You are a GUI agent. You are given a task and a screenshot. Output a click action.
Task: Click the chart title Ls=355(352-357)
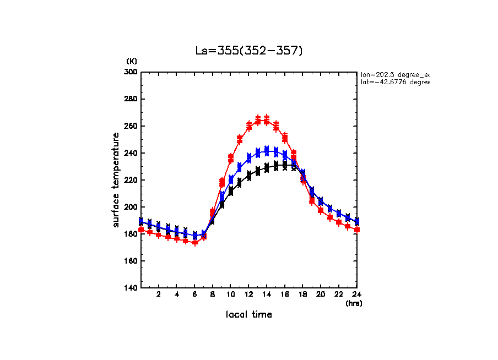coord(249,51)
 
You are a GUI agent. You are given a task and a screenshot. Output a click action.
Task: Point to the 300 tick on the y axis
coord(132,72)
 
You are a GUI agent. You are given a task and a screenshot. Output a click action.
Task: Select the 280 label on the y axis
coord(132,99)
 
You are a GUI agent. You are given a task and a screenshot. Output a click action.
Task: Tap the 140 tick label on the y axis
coord(132,288)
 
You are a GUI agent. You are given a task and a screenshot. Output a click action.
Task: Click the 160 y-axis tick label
coord(132,261)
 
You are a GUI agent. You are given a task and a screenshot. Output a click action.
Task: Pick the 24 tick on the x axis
coord(356,294)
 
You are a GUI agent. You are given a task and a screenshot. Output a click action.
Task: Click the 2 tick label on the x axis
coord(159,294)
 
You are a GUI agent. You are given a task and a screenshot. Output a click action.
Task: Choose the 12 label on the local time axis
coord(248,294)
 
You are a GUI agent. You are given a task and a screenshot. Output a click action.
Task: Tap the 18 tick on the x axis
coord(302,294)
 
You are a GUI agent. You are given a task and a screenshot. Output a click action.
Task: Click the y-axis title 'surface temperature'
coord(116,179)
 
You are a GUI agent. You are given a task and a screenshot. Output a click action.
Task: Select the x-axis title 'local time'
coord(248,315)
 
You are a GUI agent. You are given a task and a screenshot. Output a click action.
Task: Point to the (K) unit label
coord(132,61)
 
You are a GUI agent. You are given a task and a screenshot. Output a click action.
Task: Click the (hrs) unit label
coord(354,303)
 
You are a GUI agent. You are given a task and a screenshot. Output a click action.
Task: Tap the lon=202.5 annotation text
coord(394,74)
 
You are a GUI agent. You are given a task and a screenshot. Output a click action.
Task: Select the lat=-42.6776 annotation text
coord(394,82)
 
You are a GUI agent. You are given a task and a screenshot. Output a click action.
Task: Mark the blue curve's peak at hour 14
coord(267,150)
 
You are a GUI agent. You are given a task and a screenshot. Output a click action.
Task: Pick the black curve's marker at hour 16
coord(285,165)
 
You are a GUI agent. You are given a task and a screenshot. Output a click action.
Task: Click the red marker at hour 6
coord(194,242)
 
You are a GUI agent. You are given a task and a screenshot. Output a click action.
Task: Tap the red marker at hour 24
coord(356,229)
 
